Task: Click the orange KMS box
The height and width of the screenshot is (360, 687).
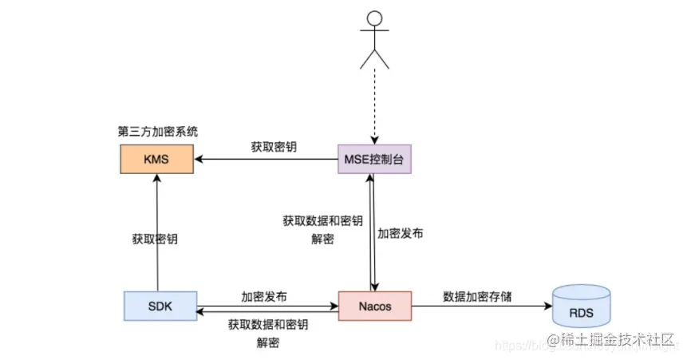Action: point(156,160)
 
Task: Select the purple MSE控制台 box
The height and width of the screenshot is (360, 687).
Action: point(373,160)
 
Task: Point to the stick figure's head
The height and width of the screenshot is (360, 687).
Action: point(373,22)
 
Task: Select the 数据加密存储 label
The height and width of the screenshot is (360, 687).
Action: point(477,296)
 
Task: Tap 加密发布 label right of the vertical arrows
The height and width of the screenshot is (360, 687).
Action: point(400,234)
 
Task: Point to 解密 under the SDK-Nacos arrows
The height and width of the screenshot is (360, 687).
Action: point(267,342)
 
